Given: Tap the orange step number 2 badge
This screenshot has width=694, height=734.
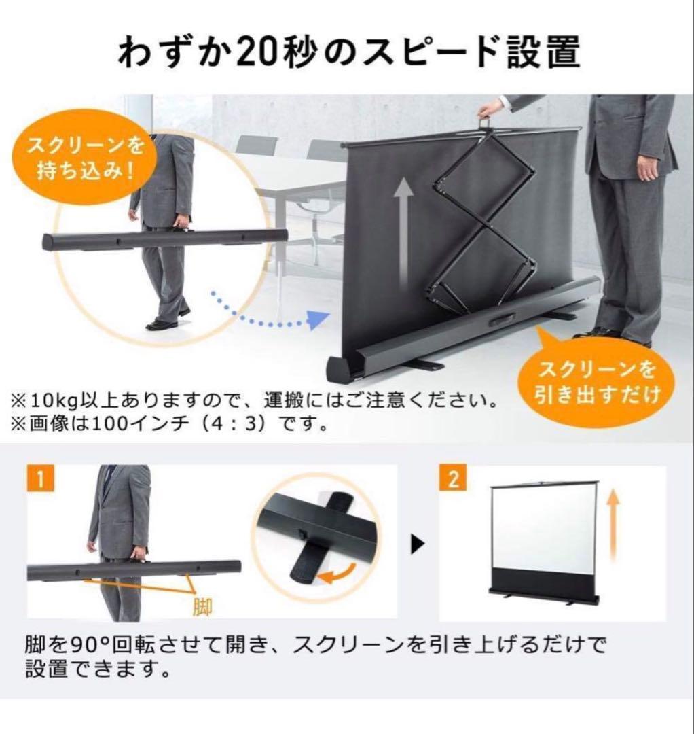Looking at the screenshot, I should coord(453,480).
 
